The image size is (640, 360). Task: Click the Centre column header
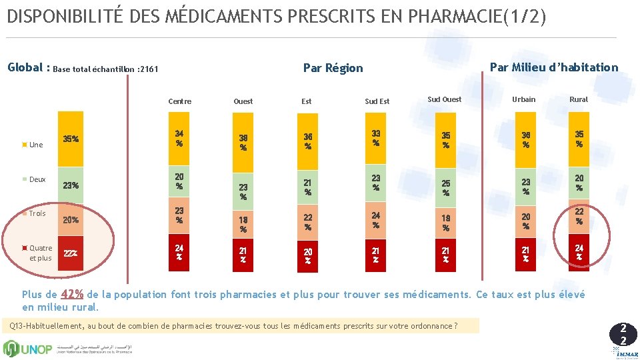tap(179, 101)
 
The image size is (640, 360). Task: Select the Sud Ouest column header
tap(444, 99)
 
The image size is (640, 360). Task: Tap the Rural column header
tap(578, 99)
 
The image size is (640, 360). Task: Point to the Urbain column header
tap(523, 99)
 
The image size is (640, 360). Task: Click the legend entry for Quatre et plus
tap(40, 253)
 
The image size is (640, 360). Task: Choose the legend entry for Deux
tap(37, 179)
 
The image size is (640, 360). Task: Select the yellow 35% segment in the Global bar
tap(71, 139)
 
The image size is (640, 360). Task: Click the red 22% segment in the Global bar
tap(71, 253)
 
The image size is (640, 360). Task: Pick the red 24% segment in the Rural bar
tap(579, 253)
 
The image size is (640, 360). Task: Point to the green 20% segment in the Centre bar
tap(179, 181)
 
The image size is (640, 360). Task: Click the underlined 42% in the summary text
tap(72, 294)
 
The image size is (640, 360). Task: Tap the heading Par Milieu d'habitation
tap(553, 67)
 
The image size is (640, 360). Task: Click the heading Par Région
tap(333, 68)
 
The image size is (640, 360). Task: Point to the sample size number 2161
tap(147, 69)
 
